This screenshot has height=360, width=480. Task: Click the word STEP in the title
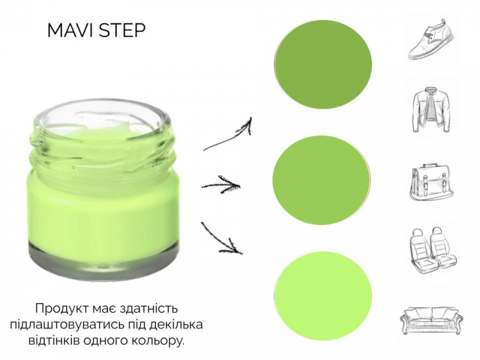click(122, 31)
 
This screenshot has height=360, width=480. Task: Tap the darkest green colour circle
click(323, 65)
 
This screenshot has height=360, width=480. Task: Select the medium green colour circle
click(321, 181)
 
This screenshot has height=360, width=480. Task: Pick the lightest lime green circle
click(323, 296)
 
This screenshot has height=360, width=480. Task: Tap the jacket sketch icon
click(431, 110)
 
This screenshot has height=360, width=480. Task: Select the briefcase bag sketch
click(431, 182)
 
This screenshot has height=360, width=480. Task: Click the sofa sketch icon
click(431, 320)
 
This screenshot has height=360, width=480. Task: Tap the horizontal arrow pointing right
click(221, 185)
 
